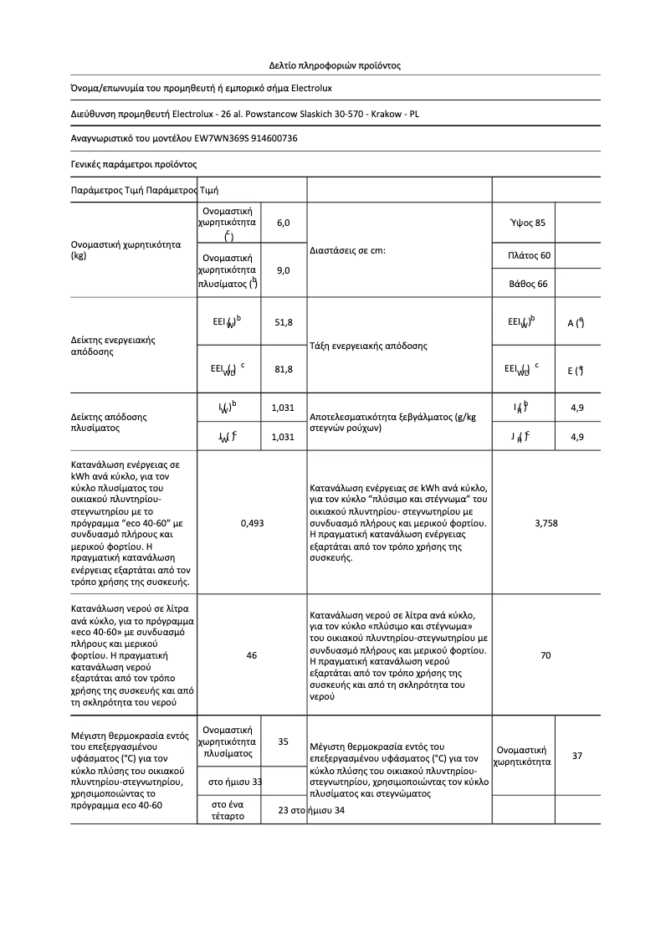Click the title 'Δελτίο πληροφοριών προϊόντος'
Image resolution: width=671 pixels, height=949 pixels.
335,64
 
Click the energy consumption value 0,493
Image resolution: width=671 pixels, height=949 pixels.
252,522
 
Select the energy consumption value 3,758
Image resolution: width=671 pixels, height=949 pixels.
546,522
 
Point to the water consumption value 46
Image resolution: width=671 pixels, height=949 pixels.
252,655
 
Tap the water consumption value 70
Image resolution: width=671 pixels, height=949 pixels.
546,655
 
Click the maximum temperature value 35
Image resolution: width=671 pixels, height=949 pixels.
283,741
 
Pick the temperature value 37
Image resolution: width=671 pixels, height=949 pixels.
577,756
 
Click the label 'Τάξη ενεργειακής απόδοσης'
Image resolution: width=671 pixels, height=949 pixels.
368,346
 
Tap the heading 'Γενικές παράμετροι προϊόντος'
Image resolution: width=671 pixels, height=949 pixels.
133,164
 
